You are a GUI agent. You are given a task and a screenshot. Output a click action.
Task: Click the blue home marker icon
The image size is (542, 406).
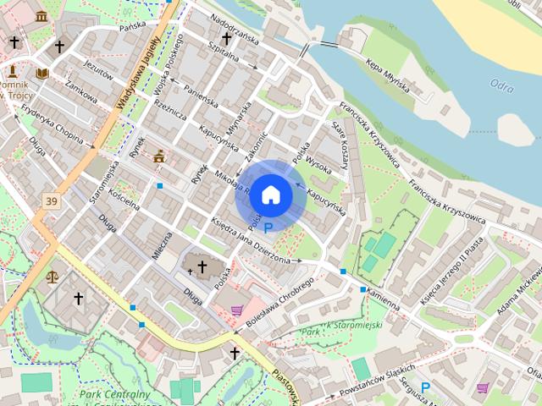click(271, 195)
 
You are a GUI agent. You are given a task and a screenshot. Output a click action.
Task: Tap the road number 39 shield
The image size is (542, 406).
click(53, 201)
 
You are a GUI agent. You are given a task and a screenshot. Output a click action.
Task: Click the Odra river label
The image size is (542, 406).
click(501, 84)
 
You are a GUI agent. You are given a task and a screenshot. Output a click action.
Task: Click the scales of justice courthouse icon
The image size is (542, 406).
click(53, 276)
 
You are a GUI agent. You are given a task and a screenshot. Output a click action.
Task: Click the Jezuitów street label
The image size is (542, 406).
click(99, 74)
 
